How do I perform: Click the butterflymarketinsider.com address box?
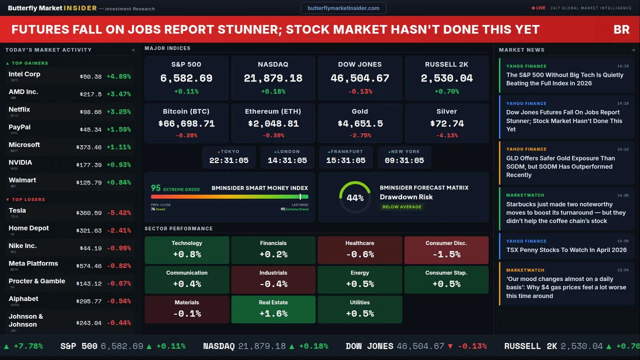pos(343,8)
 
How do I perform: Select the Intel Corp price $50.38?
pos(90,77)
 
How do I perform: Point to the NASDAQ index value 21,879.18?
pos(273,78)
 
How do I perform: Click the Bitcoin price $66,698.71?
pos(186,123)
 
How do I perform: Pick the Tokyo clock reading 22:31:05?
pos(229,160)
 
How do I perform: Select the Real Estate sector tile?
pos(273,309)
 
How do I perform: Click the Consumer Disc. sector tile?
pos(446,249)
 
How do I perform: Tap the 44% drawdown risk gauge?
pos(355,197)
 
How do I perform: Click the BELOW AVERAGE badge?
pos(401,207)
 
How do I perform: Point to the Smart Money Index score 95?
pos(156,188)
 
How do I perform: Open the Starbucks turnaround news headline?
pos(565,212)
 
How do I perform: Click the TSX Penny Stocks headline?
pos(566,250)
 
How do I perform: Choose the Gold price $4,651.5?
pos(360,123)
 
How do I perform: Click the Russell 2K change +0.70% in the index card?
pos(446,91)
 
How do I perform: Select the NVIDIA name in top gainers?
pos(20,162)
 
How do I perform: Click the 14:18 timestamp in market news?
pos(622,66)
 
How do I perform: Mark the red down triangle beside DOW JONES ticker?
pos(450,346)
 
